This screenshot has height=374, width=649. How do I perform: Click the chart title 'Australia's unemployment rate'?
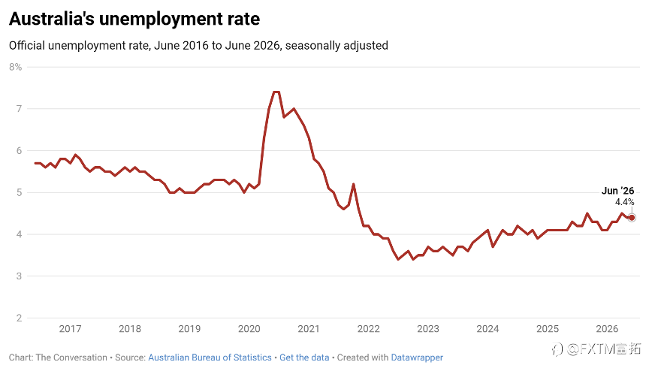click(134, 19)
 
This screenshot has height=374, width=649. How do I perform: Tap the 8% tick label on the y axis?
click(15, 67)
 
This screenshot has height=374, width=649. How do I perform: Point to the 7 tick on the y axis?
click(19, 109)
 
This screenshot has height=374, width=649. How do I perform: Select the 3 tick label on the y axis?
click(19, 276)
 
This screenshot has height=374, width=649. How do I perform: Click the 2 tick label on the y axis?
click(19, 318)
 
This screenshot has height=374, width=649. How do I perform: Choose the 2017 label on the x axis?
click(70, 329)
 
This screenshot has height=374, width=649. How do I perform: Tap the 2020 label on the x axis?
click(249, 329)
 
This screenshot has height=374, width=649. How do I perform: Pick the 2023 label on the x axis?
click(428, 329)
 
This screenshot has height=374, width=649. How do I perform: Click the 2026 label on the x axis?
click(607, 329)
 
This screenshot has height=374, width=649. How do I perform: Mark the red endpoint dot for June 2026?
click(632, 218)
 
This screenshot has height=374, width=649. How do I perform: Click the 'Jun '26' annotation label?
click(617, 191)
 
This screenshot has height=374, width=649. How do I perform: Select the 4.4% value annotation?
click(624, 202)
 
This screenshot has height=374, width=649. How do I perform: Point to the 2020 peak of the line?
click(276, 92)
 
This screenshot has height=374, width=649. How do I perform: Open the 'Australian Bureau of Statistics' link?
click(210, 357)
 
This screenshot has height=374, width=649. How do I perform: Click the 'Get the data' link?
click(304, 357)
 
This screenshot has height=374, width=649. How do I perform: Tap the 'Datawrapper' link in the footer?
click(417, 357)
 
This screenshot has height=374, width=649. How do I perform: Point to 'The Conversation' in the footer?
click(71, 357)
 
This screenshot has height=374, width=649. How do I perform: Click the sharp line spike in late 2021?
click(354, 184)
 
